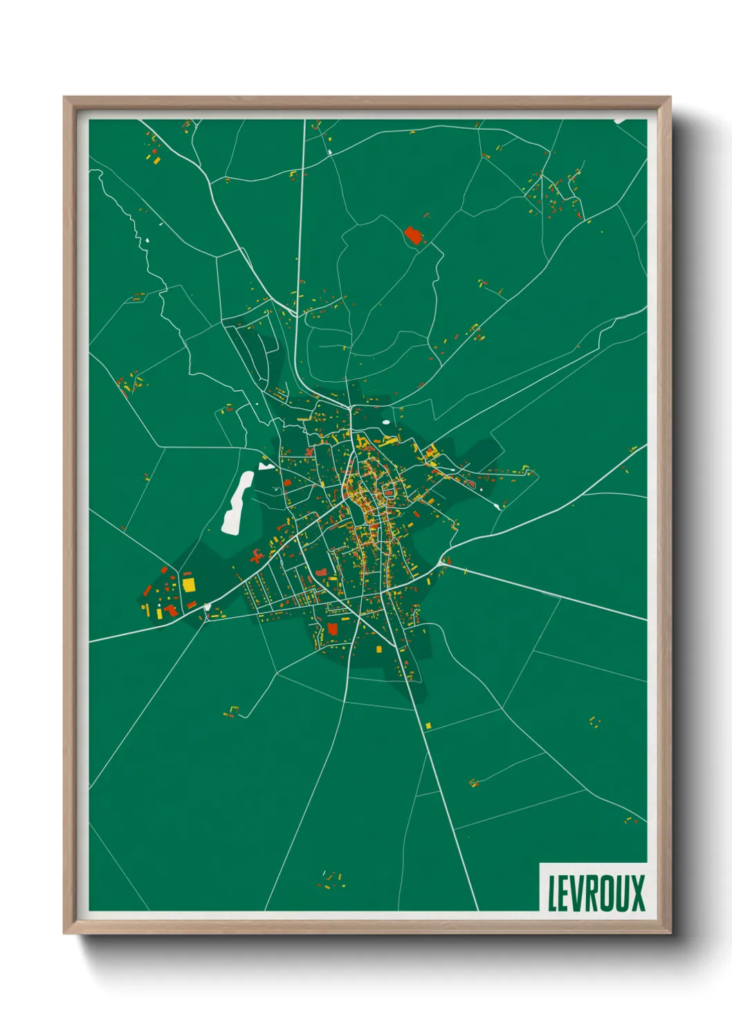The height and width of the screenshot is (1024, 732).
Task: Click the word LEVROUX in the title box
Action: [x=596, y=893]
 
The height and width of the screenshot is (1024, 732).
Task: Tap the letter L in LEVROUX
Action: [x=553, y=893]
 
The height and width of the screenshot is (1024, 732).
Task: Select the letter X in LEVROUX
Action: [x=637, y=893]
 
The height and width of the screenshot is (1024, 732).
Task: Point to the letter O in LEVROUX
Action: [x=607, y=893]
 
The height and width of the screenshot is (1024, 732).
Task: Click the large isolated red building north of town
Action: [x=413, y=235]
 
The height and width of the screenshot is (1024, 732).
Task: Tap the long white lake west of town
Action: [x=237, y=502]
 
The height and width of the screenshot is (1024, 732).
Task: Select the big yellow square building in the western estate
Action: [x=188, y=585]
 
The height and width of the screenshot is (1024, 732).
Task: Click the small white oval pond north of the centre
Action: [x=385, y=421]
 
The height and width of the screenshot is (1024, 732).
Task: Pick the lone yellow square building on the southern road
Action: [x=428, y=725]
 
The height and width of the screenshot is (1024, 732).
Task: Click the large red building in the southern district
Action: [x=332, y=628]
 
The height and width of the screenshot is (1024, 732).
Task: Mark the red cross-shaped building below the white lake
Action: [x=257, y=554]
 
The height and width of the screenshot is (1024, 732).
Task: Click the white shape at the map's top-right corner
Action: [x=621, y=121]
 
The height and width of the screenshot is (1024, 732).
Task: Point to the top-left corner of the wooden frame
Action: [x=65, y=98]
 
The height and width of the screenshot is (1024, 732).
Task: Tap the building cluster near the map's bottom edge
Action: [x=330, y=879]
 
